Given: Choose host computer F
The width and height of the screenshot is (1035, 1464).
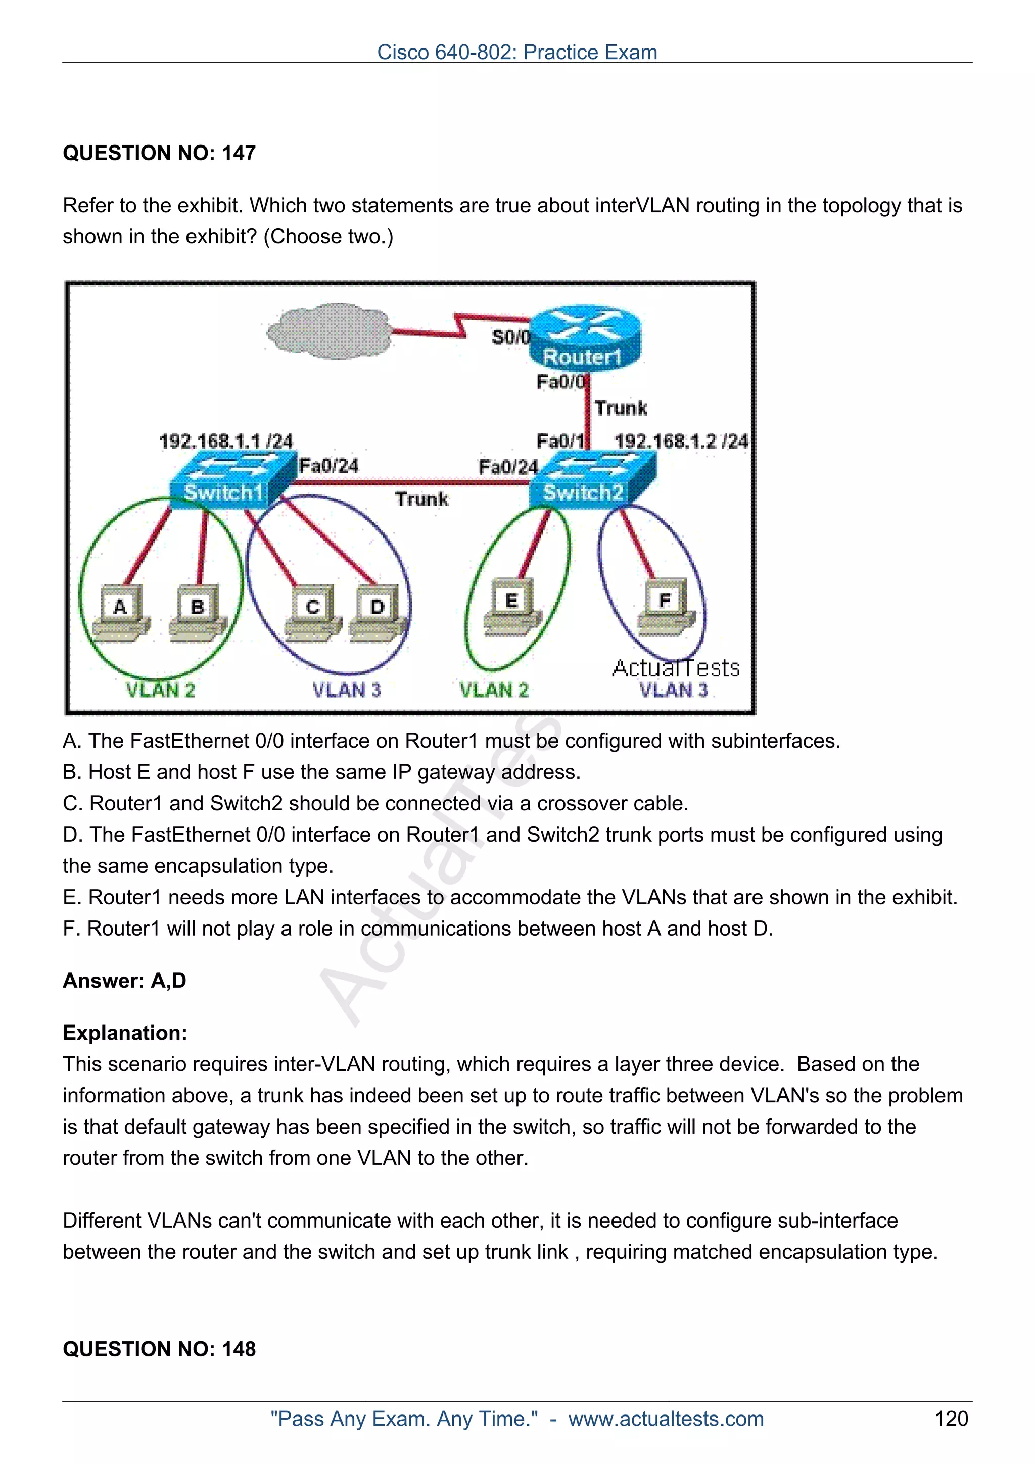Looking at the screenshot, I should (665, 606).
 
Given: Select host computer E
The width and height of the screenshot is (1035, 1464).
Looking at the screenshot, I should (511, 606).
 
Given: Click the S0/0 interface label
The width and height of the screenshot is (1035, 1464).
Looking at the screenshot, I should (510, 336).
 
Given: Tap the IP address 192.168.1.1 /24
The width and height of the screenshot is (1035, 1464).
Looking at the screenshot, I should (226, 441).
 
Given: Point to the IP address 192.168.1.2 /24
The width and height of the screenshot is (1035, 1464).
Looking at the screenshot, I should (680, 441).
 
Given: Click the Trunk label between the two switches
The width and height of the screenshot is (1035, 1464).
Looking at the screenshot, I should (421, 499).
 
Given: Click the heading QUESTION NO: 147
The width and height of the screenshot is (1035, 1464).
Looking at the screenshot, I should (159, 153).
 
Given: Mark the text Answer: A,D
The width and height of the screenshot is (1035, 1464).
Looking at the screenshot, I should (124, 980).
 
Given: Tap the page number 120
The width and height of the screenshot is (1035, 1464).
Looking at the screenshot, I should (951, 1419).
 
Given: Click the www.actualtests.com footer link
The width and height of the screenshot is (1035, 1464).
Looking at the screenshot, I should (666, 1419).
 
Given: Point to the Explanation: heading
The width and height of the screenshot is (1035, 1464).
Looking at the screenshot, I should (125, 1032).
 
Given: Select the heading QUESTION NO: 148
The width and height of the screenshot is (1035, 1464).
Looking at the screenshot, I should (159, 1349).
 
